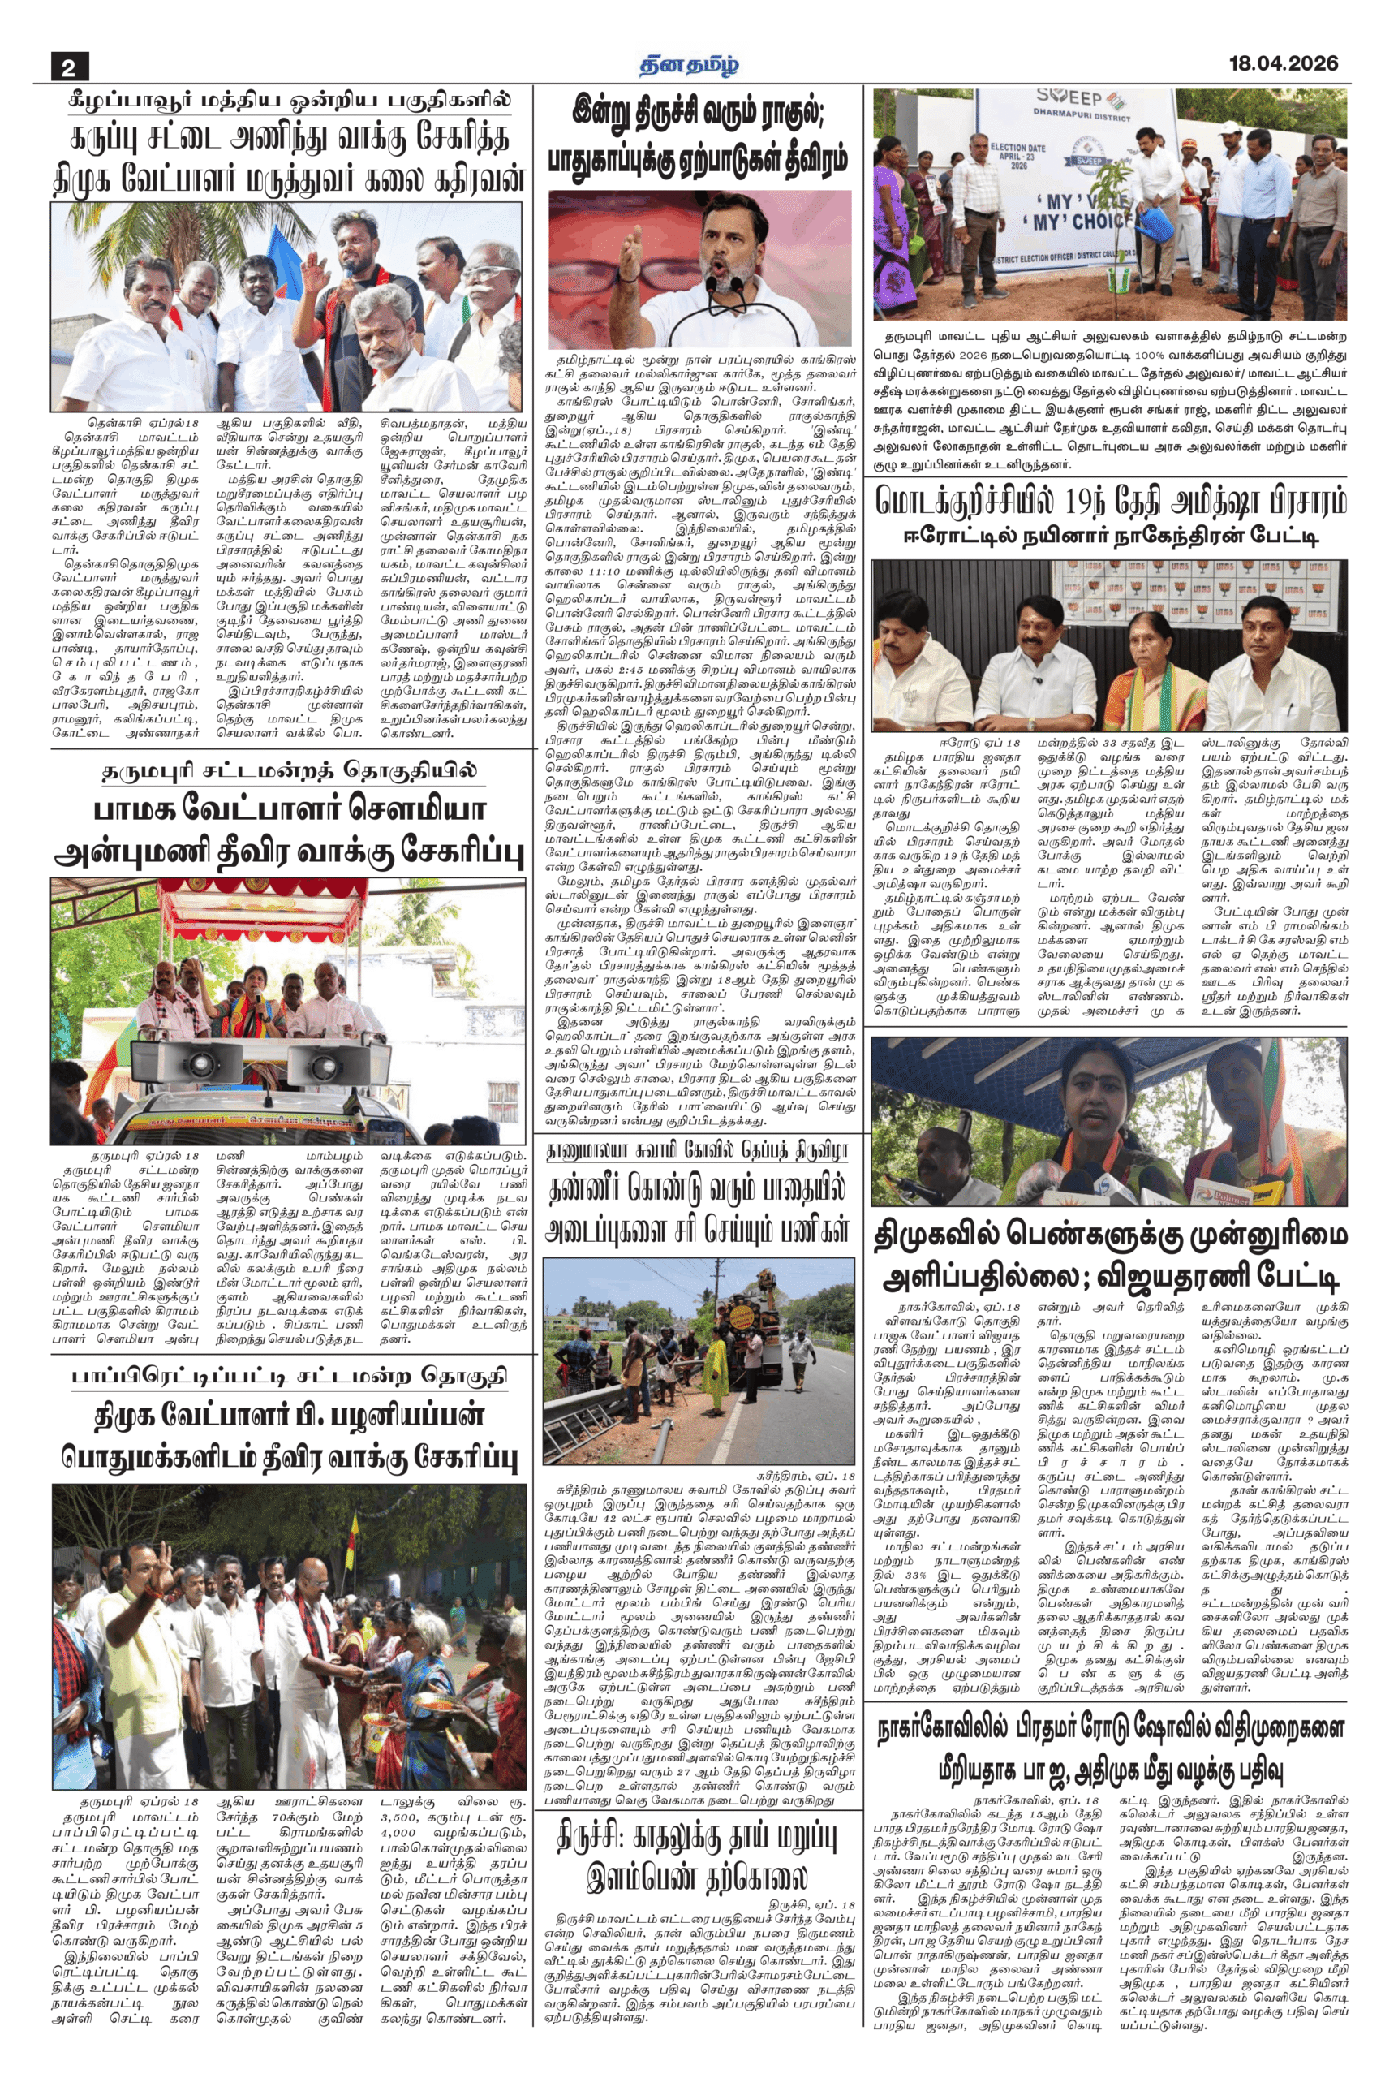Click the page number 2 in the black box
70,67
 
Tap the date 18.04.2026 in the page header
1283,63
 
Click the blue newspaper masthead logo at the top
689,64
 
